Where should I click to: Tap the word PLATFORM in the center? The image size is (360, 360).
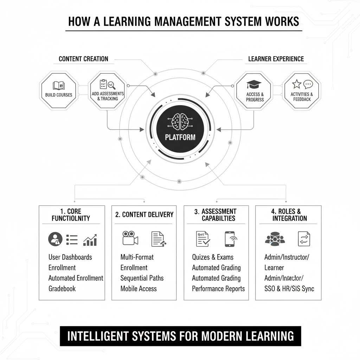[180, 137]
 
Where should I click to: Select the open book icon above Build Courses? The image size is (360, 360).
[58, 85]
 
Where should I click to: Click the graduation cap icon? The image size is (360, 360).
[254, 85]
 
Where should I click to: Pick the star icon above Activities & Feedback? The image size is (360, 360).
[297, 84]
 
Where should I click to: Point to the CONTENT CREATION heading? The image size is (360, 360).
[83, 59]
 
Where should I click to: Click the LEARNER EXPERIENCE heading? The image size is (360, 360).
[276, 59]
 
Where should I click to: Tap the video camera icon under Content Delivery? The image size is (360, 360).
[130, 238]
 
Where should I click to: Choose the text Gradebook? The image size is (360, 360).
[62, 289]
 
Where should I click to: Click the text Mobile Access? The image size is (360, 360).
[139, 289]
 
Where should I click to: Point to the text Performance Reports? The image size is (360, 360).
[218, 289]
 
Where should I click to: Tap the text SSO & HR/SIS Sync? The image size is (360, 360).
[289, 289]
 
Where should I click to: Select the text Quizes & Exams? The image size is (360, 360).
[213, 257]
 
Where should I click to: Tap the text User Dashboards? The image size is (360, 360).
[70, 257]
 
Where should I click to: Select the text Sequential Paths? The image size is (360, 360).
[142, 278]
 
